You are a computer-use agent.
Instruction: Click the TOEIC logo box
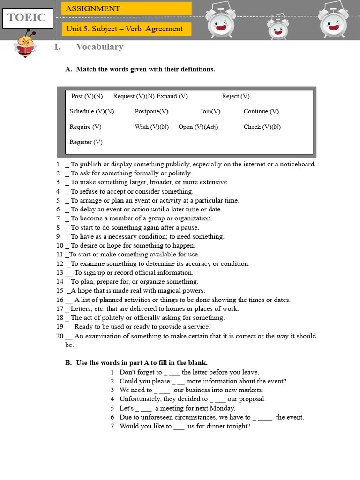[27, 18]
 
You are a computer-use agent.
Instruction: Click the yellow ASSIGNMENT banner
[126, 8]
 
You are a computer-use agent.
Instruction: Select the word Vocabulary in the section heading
[99, 47]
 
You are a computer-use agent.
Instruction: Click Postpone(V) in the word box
[151, 112]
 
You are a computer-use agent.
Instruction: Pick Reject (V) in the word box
[235, 96]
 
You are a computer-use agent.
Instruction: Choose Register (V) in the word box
[86, 142]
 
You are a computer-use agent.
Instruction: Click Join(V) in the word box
[210, 112]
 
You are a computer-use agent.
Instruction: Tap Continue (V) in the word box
[261, 112]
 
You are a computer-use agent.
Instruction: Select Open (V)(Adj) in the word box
[198, 127]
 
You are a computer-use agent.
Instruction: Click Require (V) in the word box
[85, 127]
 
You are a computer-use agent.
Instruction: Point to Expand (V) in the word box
[172, 96]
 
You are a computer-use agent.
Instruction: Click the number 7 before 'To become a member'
[58, 218]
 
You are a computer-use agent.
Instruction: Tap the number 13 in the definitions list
[60, 273]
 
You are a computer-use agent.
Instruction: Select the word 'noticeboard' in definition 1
[297, 165]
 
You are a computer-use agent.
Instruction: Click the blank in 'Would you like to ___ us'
[179, 427]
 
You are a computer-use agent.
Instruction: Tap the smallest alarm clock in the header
[278, 30]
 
